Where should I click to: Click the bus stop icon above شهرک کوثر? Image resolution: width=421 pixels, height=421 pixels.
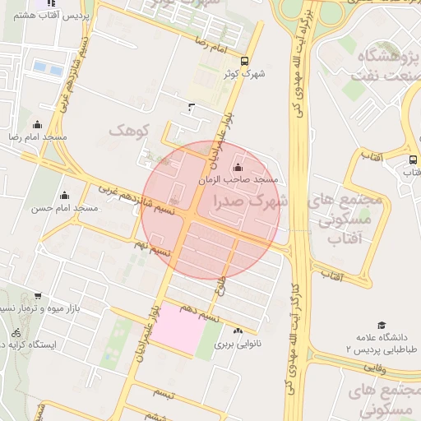(244, 61)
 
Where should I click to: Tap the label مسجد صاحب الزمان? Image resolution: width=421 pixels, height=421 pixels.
(239, 179)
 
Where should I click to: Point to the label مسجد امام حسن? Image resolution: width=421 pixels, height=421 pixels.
(65, 208)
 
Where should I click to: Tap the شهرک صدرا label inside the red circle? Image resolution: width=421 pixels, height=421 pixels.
(250, 200)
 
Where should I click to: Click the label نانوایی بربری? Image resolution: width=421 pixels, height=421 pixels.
(238, 344)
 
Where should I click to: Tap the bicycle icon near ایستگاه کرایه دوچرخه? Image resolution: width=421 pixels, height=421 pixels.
(16, 333)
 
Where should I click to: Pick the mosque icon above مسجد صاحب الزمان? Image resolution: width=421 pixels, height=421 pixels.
(238, 167)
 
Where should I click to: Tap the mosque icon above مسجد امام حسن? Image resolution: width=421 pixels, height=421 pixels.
(65, 195)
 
